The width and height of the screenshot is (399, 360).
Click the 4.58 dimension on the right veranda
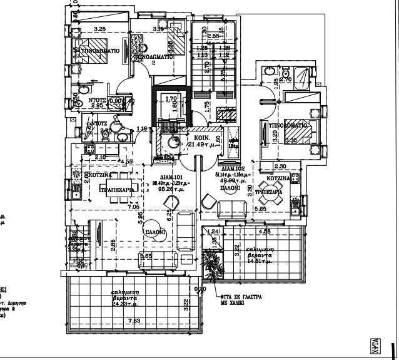(x=264, y=232)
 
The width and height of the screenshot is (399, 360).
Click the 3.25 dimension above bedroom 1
(x=99, y=29)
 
